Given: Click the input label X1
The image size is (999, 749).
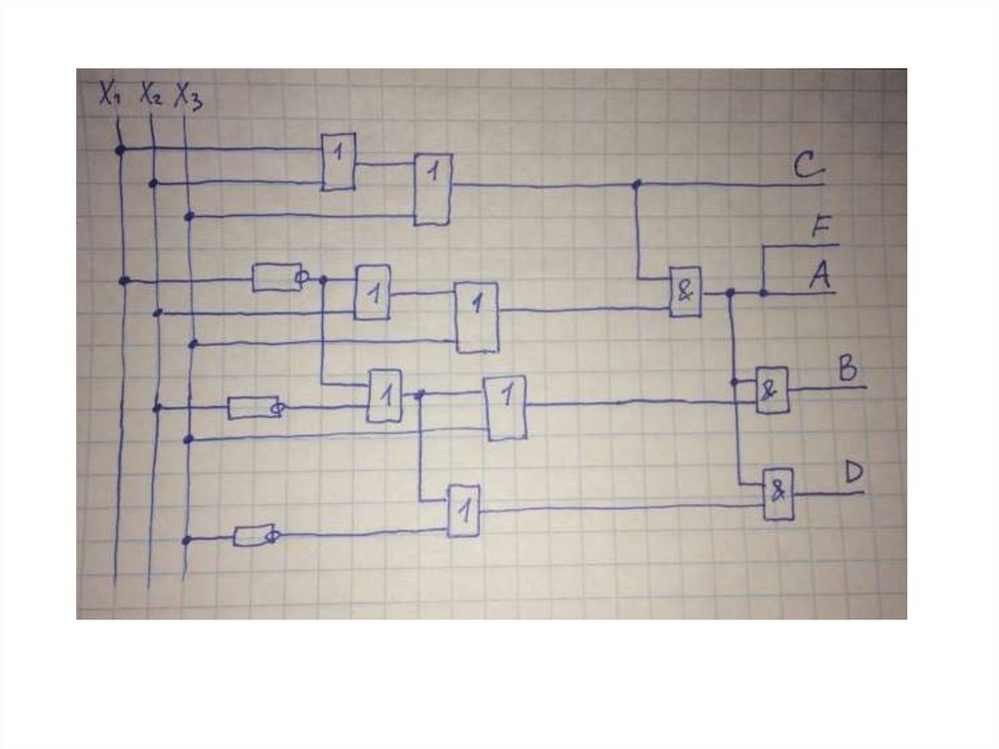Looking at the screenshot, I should pyautogui.click(x=108, y=94).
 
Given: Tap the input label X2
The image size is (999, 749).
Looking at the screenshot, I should pyautogui.click(x=150, y=94).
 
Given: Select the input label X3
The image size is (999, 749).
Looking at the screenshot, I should pyautogui.click(x=188, y=97).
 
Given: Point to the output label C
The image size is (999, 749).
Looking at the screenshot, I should pyautogui.click(x=809, y=168).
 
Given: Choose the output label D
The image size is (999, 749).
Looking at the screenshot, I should pyautogui.click(x=853, y=474).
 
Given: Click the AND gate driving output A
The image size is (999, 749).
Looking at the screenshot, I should pyautogui.click(x=685, y=291).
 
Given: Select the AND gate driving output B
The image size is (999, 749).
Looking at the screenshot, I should pyautogui.click(x=772, y=390).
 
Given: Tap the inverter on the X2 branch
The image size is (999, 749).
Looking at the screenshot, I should pyautogui.click(x=253, y=407).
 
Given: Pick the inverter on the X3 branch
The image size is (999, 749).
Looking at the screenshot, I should pyautogui.click(x=255, y=535).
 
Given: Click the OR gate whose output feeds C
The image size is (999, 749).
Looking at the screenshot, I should pyautogui.click(x=432, y=189).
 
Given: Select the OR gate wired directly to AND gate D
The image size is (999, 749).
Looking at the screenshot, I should pyautogui.click(x=463, y=510).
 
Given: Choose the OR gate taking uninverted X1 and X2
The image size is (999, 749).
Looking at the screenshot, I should pyautogui.click(x=339, y=161).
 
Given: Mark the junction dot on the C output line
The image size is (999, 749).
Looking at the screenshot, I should pyautogui.click(x=636, y=184).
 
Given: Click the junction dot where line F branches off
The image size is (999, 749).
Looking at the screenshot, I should pyautogui.click(x=763, y=291).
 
